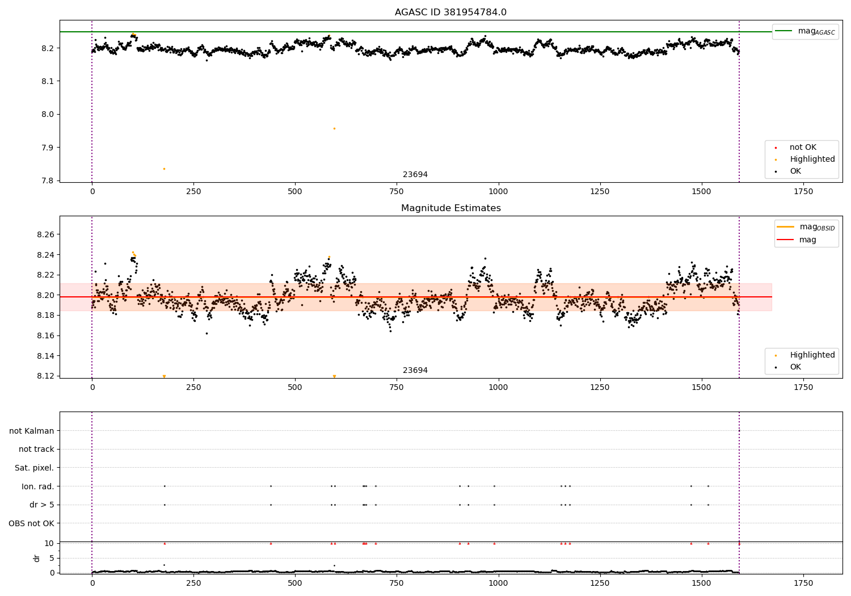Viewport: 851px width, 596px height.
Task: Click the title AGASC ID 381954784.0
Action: coord(450,12)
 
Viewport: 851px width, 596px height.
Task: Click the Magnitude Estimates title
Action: coord(450,208)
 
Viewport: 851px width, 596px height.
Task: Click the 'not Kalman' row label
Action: coord(32,431)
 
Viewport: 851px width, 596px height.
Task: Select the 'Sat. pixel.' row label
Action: coord(34,468)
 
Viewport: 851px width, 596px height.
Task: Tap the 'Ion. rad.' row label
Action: coord(38,486)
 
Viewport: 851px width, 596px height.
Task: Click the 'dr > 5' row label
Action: coord(41,505)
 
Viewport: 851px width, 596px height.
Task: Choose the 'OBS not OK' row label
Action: coord(31,523)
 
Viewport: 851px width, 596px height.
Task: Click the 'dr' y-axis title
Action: coord(37,558)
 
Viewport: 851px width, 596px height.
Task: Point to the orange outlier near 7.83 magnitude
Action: coord(164,169)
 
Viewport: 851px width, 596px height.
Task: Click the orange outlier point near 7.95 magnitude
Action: coord(334,128)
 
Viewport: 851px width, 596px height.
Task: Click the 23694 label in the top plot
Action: coord(415,175)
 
